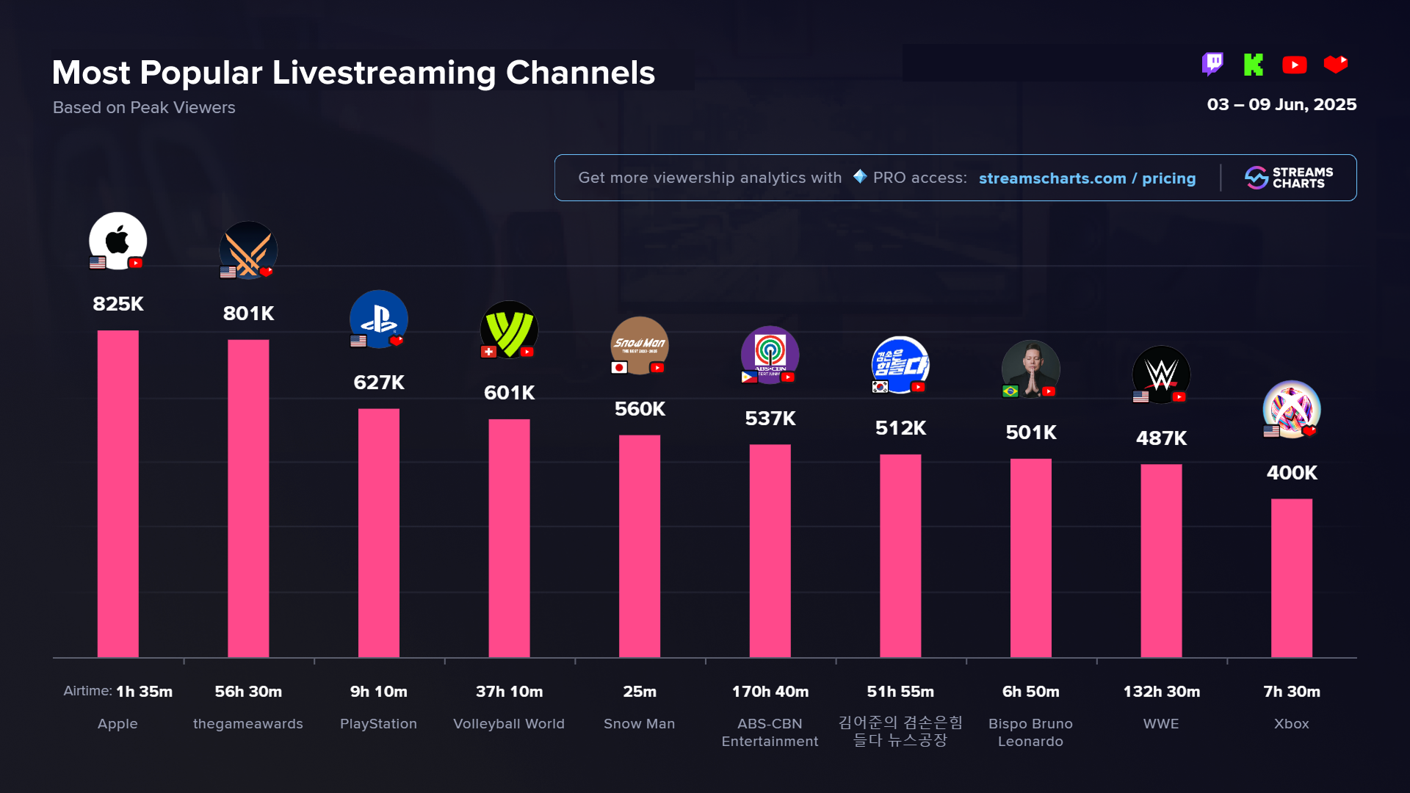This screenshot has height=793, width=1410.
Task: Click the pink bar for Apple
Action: point(117,493)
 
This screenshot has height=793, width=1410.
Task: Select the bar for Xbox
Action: point(1291,578)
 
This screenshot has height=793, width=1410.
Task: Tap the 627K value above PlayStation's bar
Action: point(379,383)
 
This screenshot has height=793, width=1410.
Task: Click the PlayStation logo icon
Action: point(379,319)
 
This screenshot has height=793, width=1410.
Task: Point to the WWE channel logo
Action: point(1161,374)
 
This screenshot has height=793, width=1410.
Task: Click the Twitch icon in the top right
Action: point(1212,65)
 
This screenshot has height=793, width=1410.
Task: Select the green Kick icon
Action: point(1254,65)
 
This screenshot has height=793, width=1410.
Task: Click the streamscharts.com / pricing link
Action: point(1087,178)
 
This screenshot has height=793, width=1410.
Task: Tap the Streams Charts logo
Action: point(1289,178)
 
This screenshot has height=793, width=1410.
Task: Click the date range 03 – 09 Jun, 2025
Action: point(1281,105)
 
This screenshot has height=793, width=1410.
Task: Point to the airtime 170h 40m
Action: point(770,692)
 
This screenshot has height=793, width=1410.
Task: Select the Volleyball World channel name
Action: point(509,724)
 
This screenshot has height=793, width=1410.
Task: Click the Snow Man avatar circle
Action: point(640,345)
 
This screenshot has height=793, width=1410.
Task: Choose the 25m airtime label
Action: point(640,692)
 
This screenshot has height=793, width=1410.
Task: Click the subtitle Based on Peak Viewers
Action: point(144,108)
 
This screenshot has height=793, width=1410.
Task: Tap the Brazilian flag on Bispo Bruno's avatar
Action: point(1010,391)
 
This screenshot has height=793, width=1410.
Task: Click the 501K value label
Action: point(1031,432)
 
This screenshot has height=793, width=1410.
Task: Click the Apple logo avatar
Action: point(117,241)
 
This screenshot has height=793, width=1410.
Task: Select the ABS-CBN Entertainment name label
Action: point(770,733)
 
